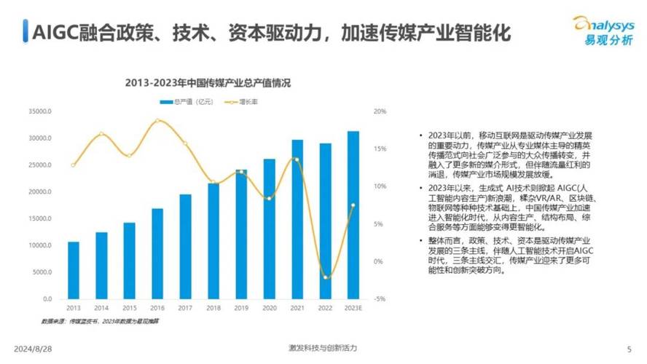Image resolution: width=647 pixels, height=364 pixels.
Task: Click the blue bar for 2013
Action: click(x=74, y=270)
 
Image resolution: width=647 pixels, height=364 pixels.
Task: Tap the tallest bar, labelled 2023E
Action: click(x=353, y=215)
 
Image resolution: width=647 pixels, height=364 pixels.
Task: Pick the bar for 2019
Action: click(x=241, y=234)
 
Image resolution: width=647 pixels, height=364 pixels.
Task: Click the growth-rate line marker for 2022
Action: click(x=325, y=277)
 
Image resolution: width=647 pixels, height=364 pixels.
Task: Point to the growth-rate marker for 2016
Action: click(x=157, y=120)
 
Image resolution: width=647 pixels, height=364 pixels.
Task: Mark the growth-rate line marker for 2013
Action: click(x=74, y=165)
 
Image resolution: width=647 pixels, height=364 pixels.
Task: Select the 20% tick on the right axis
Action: click(x=379, y=111)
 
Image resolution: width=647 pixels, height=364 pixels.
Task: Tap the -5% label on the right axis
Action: click(x=379, y=299)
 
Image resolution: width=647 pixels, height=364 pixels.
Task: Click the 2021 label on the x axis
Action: click(x=297, y=309)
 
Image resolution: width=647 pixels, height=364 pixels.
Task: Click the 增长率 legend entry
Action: click(x=245, y=101)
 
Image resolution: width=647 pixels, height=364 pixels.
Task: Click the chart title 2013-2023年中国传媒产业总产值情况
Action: click(x=208, y=83)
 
